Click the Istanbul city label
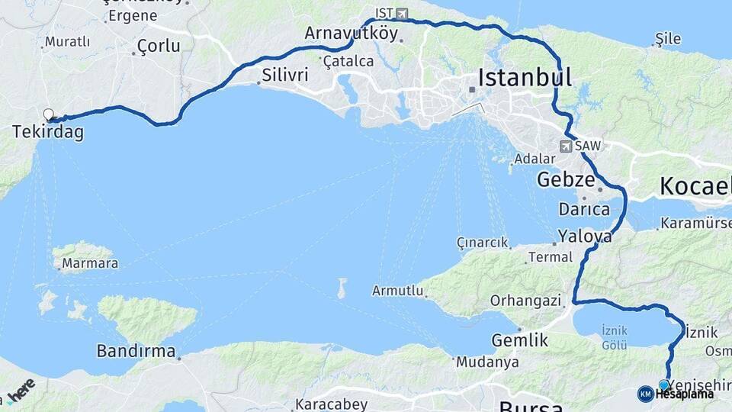[525, 77]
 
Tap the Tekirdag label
[47, 132]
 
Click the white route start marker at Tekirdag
[49, 115]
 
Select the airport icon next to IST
[402, 14]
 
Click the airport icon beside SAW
[566, 146]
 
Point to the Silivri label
[284, 75]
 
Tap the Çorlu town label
[159, 46]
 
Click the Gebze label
[565, 180]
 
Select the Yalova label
[585, 236]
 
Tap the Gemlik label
[520, 340]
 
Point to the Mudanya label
[488, 362]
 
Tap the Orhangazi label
[525, 301]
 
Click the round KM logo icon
[645, 394]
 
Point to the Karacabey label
[332, 404]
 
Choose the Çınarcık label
[482, 243]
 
